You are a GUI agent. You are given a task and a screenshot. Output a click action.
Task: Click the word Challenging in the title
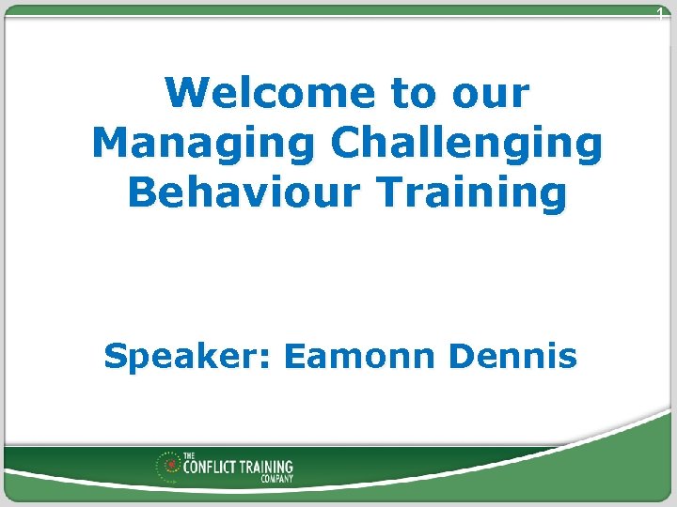click(x=466, y=144)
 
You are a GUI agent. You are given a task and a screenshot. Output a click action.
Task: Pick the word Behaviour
click(x=244, y=192)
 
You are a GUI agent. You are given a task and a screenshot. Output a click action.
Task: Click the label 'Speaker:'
click(x=187, y=357)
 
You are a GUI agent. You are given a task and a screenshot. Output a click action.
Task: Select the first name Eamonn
click(x=358, y=357)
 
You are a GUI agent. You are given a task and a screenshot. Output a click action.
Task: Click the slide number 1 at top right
click(x=660, y=13)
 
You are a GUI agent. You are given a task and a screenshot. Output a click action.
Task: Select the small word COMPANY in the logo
click(x=276, y=479)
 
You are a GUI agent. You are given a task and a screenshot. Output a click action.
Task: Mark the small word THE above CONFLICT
click(x=189, y=455)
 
